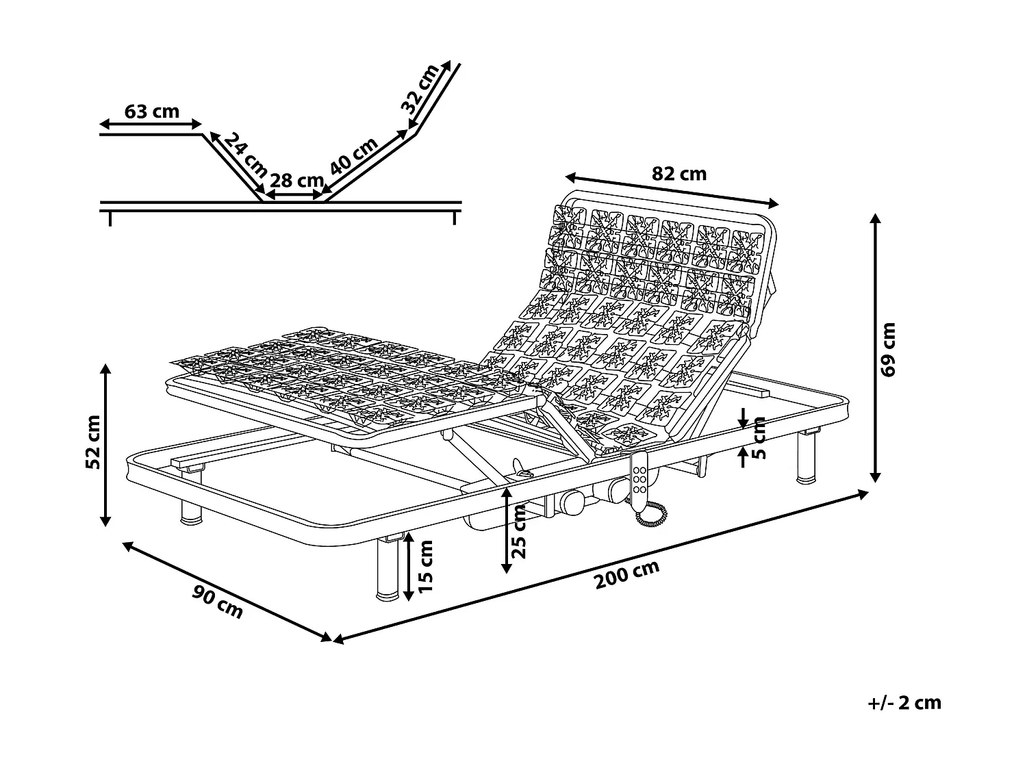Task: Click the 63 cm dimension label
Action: click(151, 112)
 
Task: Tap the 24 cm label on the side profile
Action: click(245, 155)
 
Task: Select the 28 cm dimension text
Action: click(296, 180)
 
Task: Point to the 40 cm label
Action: click(354, 155)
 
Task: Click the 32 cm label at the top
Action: click(420, 89)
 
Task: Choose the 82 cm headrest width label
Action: click(679, 174)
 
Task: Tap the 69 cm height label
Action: click(887, 349)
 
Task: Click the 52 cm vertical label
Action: click(93, 441)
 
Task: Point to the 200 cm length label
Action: click(626, 574)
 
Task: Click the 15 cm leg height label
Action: click(425, 566)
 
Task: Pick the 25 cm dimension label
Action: click(519, 532)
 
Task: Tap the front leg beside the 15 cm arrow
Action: click(388, 567)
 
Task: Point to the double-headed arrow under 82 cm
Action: click(672, 190)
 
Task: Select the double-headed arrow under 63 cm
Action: click(151, 125)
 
